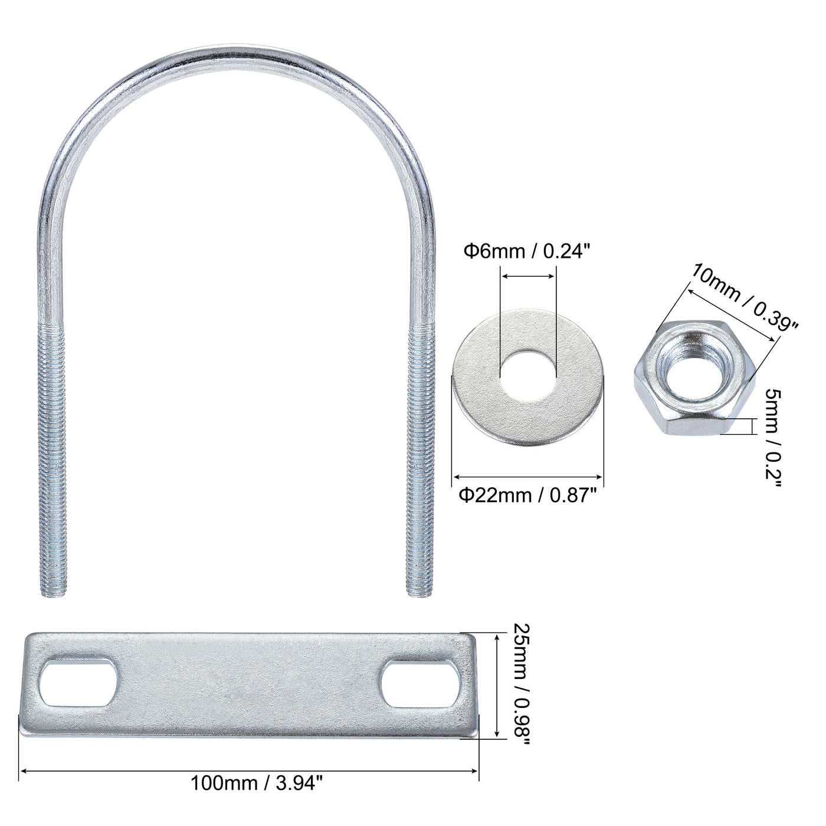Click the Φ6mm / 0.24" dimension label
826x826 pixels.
coord(526,251)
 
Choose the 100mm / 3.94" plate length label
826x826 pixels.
coord(257,783)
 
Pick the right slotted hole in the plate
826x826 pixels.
coord(420,683)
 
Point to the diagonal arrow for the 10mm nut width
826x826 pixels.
coord(732,313)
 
